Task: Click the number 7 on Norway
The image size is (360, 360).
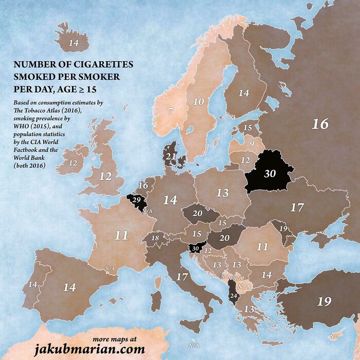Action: point(170,110)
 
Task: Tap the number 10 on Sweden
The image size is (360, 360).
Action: point(198,101)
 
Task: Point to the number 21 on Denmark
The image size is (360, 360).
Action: point(171,156)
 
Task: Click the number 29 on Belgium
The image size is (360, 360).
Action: point(136,199)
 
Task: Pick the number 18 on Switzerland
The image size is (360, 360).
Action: point(155,238)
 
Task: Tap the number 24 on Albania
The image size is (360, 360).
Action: point(233,296)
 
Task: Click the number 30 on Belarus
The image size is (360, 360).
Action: point(270,174)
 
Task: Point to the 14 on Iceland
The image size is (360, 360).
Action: point(74,43)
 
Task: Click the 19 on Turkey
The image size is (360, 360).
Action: point(324,301)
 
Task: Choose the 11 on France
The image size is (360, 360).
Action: point(121,236)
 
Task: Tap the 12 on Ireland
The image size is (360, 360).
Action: point(73,163)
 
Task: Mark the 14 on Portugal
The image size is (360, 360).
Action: point(32,284)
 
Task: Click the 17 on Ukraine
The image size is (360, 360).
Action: point(297,208)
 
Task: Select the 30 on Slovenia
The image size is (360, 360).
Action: point(194,248)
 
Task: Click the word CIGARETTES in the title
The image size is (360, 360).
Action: point(101,65)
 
